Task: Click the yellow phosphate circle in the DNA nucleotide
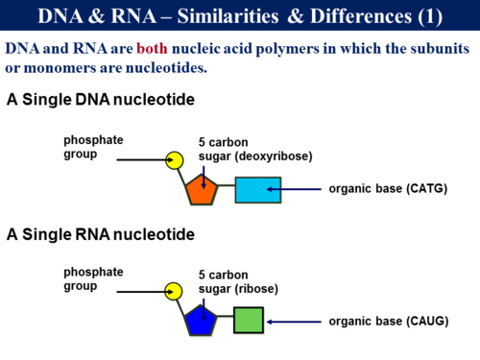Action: (x=174, y=159)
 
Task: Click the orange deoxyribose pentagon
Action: (x=202, y=190)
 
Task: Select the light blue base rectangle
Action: (x=257, y=190)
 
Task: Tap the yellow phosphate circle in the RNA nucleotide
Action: (x=174, y=290)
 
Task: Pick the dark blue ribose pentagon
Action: (x=202, y=320)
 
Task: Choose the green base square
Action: (x=249, y=320)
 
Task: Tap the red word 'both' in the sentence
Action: (x=156, y=48)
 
